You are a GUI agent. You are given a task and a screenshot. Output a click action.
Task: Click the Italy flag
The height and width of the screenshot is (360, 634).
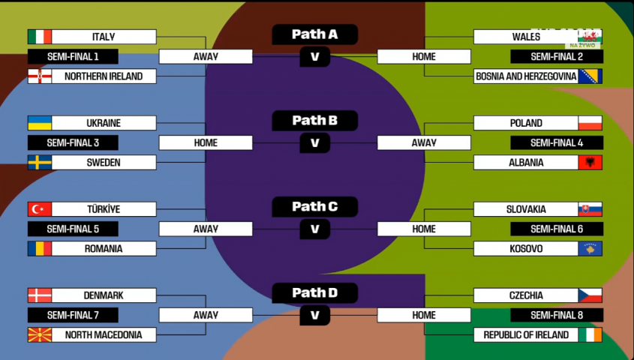40,37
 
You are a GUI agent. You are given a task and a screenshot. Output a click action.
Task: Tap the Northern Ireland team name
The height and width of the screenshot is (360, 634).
104,76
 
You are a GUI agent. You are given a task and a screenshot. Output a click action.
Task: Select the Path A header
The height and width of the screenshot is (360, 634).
314,34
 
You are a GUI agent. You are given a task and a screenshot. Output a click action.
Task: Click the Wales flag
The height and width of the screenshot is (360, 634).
590,37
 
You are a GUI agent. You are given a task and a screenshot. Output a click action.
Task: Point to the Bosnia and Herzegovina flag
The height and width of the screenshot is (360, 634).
590,76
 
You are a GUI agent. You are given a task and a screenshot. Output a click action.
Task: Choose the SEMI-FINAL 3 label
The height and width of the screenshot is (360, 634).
73,142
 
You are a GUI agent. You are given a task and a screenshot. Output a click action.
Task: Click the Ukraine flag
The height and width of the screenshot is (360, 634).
40,123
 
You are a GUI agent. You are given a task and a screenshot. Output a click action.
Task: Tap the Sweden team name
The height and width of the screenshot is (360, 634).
104,162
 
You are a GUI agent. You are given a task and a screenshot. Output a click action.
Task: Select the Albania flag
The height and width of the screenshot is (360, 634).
590,162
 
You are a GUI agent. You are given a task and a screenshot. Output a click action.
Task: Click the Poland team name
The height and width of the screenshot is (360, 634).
526,123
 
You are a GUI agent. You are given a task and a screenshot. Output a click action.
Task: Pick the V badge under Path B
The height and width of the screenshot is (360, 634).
314,142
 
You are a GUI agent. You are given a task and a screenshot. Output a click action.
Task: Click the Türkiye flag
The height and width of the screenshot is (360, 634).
40,209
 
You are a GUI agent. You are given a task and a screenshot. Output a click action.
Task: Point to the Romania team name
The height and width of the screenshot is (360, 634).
104,248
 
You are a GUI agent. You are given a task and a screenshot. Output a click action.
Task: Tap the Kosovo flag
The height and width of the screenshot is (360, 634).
590,248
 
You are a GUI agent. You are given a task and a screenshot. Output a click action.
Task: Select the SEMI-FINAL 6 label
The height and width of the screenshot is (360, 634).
557,229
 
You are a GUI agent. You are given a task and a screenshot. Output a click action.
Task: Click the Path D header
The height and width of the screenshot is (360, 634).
314,293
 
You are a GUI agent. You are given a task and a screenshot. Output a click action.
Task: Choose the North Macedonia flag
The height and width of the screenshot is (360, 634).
40,334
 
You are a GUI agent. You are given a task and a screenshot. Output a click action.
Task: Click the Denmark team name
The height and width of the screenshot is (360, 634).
104,295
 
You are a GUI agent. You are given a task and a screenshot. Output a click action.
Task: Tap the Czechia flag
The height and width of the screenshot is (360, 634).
590,295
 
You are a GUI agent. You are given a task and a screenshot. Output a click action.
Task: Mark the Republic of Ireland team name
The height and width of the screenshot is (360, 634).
526,334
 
